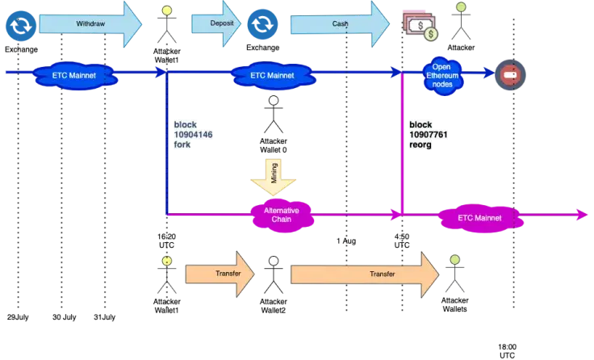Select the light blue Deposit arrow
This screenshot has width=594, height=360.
214,23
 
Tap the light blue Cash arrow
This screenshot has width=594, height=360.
339,23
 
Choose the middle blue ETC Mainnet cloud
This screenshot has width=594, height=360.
273,75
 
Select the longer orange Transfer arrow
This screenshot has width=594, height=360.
364,274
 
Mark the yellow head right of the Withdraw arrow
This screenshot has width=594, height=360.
167,11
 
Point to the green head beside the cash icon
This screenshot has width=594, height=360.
460,7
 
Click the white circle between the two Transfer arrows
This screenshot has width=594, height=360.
274,262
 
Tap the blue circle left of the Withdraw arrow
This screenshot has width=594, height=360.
18,24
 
